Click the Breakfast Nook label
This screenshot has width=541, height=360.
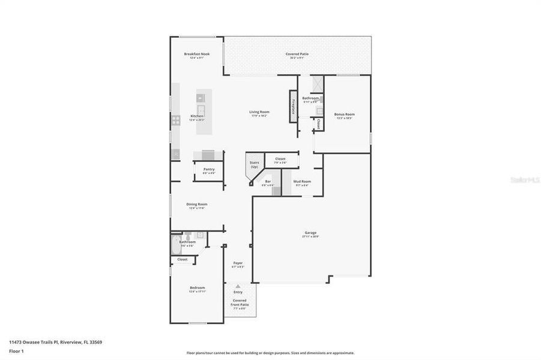pyautogui.click(x=196, y=54)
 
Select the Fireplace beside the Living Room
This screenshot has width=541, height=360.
pyautogui.click(x=294, y=107)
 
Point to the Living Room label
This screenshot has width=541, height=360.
pyautogui.click(x=259, y=112)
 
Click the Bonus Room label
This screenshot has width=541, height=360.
pyautogui.click(x=344, y=114)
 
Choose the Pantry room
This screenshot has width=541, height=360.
pyautogui.click(x=208, y=170)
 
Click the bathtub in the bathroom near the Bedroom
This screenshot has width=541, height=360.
pyautogui.click(x=175, y=244)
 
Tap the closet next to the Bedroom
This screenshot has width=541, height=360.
pyautogui.click(x=182, y=259)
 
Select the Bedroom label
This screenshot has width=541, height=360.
pyautogui.click(x=197, y=288)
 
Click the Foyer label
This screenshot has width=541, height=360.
pyautogui.click(x=238, y=263)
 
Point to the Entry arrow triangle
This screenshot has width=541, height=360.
pyautogui.click(x=238, y=286)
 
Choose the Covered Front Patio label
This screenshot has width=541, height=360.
pyautogui.click(x=240, y=302)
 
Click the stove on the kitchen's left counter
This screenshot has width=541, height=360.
pyautogui.click(x=176, y=119)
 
